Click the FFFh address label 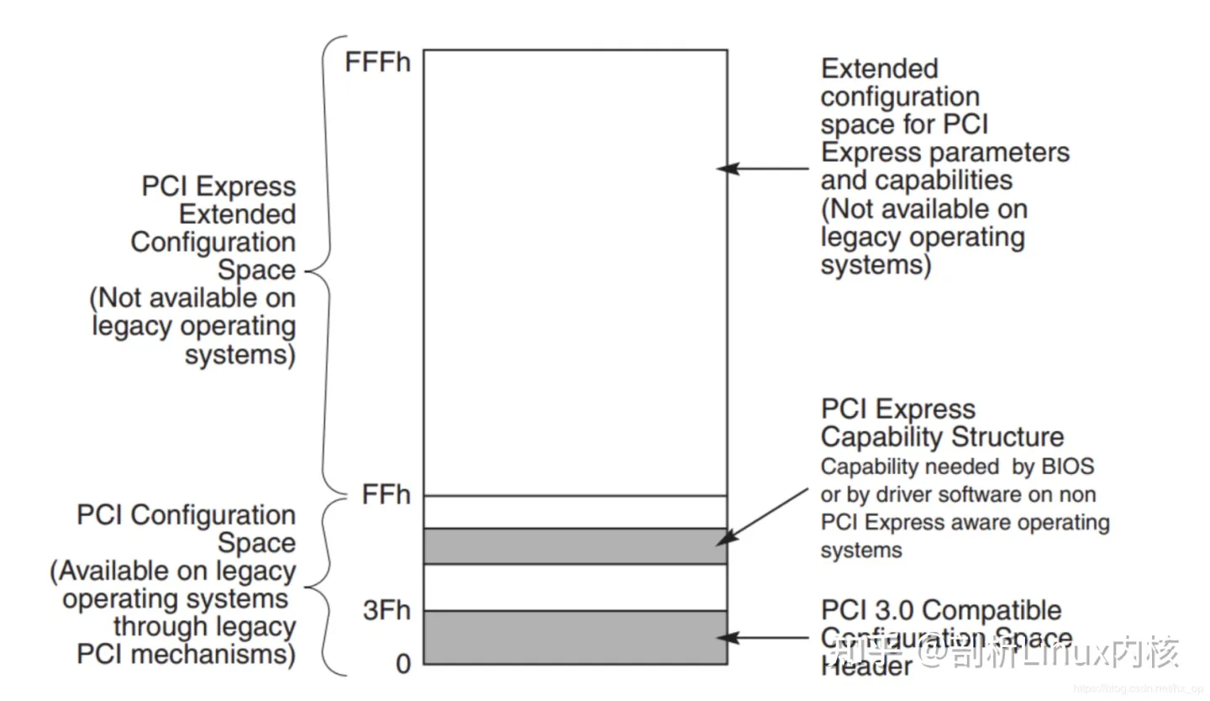[378, 63]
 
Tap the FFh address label [387, 496]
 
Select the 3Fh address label [387, 611]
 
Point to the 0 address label [403, 664]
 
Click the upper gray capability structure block [575, 546]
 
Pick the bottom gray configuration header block [575, 637]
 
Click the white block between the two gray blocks [575, 587]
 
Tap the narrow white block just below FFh [575, 512]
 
